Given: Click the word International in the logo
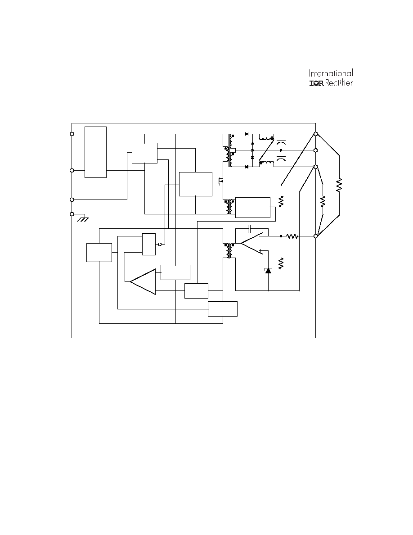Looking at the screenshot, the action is (331, 73).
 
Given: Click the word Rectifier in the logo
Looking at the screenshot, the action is (339, 83).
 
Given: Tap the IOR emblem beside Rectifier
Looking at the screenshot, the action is (316, 83).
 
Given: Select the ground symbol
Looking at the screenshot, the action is (83, 219).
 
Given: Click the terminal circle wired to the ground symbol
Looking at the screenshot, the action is (72, 214).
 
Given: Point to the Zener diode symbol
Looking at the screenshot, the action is (268, 271).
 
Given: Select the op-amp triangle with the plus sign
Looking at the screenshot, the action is (252, 243).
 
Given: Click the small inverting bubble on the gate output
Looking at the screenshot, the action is (159, 244).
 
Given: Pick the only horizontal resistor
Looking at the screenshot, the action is (292, 236).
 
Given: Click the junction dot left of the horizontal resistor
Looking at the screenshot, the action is (281, 236).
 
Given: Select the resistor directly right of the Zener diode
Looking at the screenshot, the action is (281, 263).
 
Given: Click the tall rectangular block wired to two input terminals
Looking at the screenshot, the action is (95, 152).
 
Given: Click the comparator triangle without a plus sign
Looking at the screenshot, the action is (143, 281).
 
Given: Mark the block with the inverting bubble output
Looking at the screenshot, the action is (149, 244).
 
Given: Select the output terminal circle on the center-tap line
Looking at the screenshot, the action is (315, 150).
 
